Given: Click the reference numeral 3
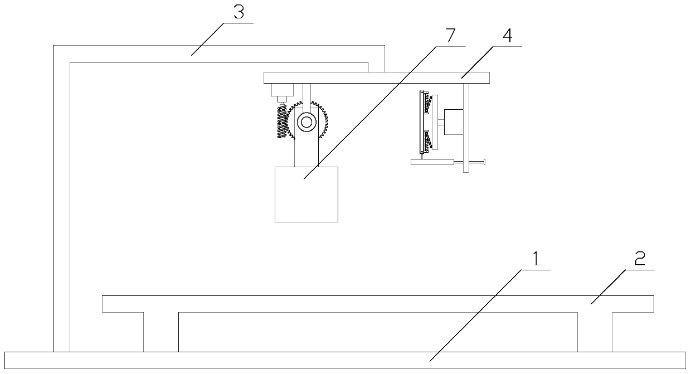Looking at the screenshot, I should coord(239,13).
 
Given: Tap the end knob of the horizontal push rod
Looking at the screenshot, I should coord(485,163).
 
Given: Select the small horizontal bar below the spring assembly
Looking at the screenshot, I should coord(432,162).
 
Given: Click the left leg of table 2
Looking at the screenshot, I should coord(161,332).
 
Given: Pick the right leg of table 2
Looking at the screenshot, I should coord(595,332).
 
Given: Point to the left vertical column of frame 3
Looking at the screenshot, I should coord(61,206).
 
